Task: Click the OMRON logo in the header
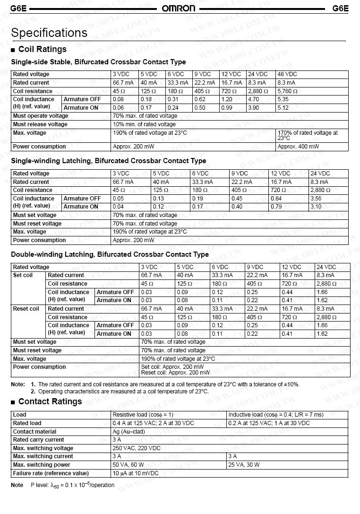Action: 178,9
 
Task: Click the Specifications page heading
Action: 49,33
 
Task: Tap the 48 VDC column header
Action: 287,74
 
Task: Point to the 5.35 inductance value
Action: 283,99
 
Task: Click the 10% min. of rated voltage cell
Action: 144,124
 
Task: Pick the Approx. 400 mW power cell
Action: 298,147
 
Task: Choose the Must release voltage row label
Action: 40,124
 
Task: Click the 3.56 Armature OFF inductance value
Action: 316,199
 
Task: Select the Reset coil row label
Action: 26,309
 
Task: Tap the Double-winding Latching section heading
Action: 110,254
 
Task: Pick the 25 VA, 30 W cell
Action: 244,465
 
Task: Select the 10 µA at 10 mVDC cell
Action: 136,473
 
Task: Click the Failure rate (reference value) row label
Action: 51,473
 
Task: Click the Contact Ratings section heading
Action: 50,401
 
